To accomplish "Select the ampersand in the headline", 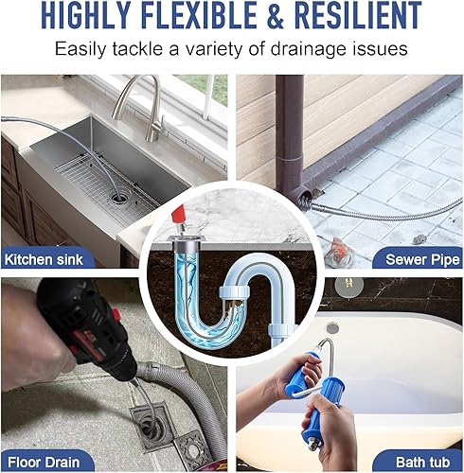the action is (x=276, y=15).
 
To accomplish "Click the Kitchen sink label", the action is (x=44, y=260).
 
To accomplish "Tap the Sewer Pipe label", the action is (x=422, y=260).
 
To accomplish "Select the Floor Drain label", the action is (x=44, y=463).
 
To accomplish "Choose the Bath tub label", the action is (x=422, y=463).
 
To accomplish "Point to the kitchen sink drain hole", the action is (x=119, y=198).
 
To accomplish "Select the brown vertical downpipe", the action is (x=290, y=135).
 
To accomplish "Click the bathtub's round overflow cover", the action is (x=333, y=327).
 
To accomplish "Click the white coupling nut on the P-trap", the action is (x=235, y=291).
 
